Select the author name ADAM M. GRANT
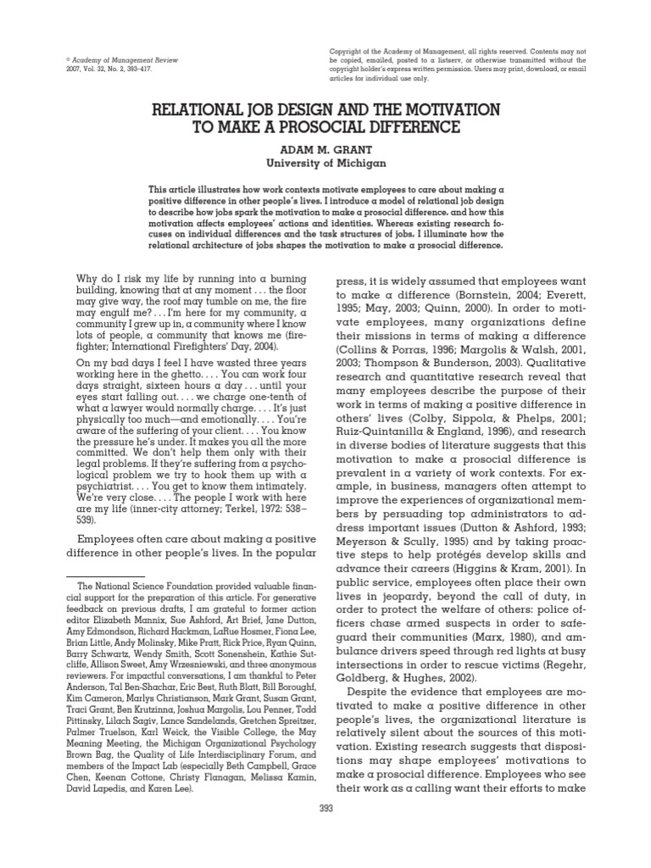pyautogui.click(x=325, y=147)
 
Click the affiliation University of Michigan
pyautogui.click(x=325, y=162)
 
